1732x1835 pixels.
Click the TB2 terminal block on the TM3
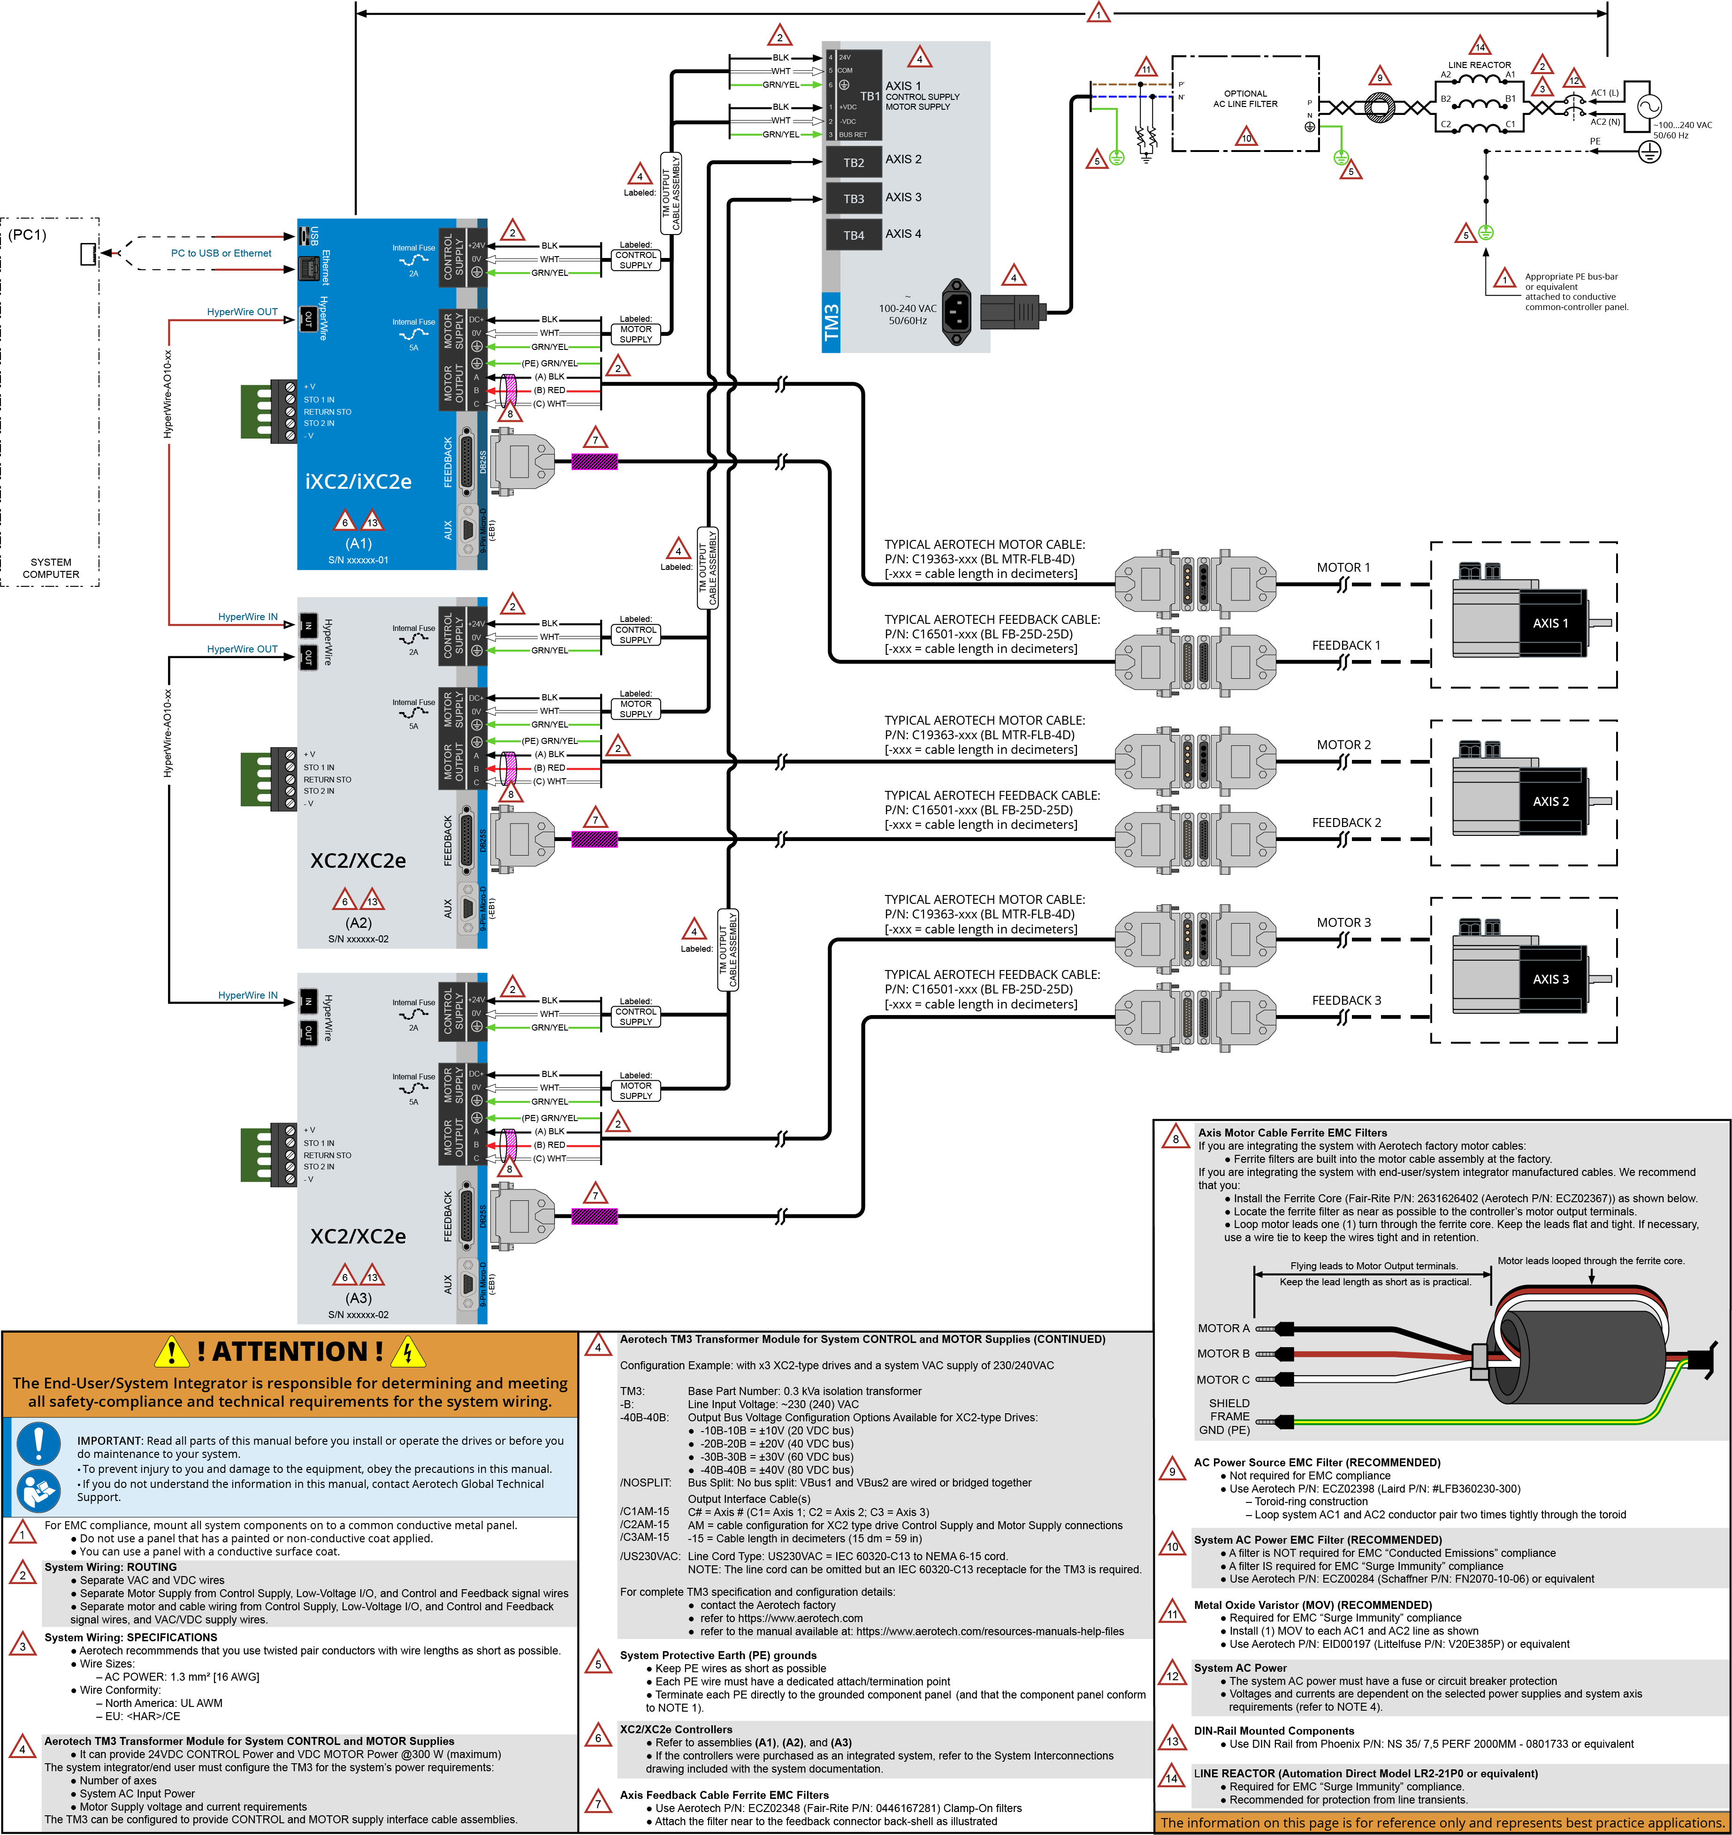click(853, 162)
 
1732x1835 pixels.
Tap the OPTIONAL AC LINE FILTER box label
click(1244, 99)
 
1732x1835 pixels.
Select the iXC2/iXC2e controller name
click(358, 481)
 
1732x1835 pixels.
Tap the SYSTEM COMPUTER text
click(51, 568)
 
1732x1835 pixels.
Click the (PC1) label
click(28, 235)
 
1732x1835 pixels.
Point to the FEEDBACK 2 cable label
click(1346, 822)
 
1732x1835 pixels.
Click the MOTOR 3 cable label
click(1343, 922)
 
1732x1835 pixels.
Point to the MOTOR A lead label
click(1223, 1328)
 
